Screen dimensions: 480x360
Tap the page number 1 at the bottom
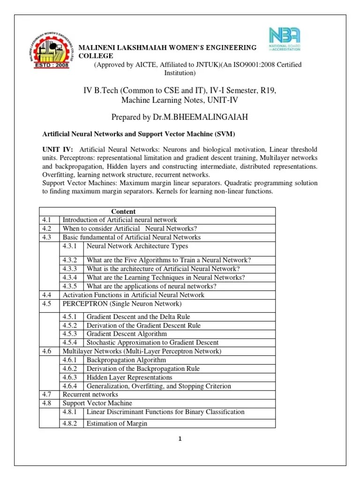180,439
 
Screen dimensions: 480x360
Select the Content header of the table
123,211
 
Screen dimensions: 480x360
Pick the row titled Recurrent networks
90,395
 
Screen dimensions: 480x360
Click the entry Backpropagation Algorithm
127,360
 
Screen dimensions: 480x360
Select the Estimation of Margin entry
117,423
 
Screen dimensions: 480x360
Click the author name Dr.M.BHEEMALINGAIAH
203,116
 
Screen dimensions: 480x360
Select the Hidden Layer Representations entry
129,377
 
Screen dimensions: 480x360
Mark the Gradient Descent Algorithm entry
127,334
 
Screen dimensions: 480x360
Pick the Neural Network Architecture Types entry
137,246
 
